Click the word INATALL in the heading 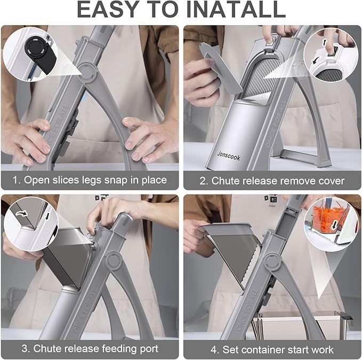(236, 10)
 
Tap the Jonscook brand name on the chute (229, 156)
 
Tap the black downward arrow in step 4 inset (334, 225)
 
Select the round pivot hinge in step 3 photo (114, 261)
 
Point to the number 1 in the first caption (16, 180)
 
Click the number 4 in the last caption (215, 350)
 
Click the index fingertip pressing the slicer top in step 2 (268, 39)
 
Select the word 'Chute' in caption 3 (47, 349)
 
